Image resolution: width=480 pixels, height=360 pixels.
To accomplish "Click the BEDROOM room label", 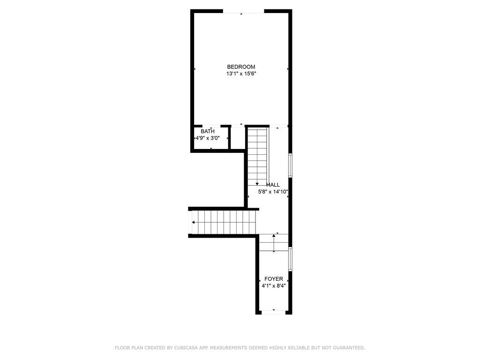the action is point(241,67).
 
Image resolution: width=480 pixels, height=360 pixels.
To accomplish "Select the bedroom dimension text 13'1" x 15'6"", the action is point(241,74).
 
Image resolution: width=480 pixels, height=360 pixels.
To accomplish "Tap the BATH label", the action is point(208,131).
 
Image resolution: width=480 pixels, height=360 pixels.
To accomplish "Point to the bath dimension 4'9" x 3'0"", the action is point(208,138).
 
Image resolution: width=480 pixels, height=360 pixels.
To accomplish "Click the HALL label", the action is point(273,185).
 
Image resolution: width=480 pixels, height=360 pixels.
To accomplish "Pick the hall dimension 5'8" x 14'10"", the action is point(273,192).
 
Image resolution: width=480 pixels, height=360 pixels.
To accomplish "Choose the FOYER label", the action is point(274,279).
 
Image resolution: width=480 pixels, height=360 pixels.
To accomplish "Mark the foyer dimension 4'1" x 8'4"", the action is point(274,286).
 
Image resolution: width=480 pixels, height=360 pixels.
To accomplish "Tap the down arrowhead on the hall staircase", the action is point(257,184).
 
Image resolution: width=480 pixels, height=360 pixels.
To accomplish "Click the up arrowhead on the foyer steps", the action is point(274,236).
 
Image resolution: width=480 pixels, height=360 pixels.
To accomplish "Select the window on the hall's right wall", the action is point(291,165).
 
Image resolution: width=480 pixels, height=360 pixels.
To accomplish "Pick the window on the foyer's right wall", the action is point(291,259).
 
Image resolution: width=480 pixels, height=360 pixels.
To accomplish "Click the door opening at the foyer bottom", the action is point(274,312).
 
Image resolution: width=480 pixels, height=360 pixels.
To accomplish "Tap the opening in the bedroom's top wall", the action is point(243,11).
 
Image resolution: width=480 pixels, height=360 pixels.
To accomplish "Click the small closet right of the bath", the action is point(237,138).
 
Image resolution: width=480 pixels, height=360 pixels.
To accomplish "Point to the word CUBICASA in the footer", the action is point(186,348).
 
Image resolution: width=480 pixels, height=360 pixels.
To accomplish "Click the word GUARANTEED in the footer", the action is point(348,348).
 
